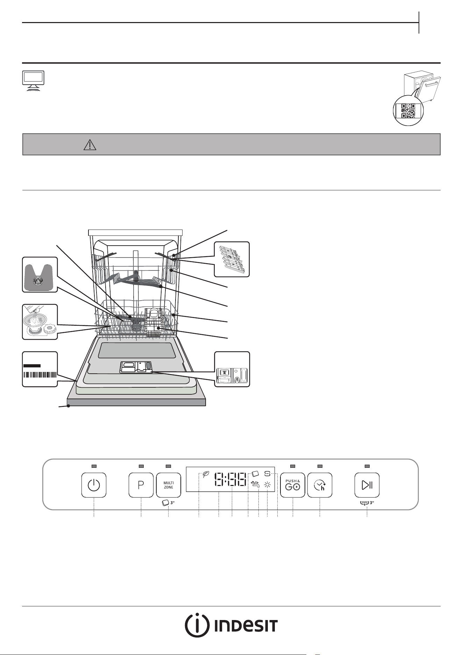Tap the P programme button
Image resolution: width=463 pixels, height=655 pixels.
[141, 485]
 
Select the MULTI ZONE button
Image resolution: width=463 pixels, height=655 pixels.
[168, 485]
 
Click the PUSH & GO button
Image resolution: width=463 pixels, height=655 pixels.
[293, 485]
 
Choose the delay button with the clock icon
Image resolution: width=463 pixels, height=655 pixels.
[320, 485]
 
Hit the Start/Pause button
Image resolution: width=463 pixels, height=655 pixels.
[367, 485]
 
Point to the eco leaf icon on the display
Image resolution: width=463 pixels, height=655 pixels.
[206, 475]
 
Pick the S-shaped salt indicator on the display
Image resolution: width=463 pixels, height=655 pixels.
[268, 474]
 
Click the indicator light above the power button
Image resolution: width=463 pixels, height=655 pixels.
[94, 466]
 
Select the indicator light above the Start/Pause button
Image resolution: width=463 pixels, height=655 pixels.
[367, 466]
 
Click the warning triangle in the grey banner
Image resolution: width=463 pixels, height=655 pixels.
[90, 144]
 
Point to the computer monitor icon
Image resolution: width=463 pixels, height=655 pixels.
[33, 81]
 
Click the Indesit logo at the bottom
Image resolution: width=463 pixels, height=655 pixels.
[231, 626]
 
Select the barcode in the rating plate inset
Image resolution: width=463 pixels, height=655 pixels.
[40, 374]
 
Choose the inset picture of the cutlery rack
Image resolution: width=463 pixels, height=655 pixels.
[232, 259]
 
